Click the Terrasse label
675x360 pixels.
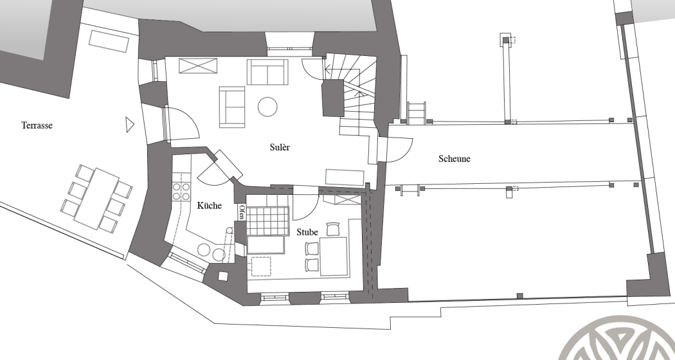pos(37,125)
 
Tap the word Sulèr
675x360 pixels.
pos(280,147)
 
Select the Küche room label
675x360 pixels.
pos(209,206)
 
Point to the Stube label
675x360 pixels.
pos(307,232)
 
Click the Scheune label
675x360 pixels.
pos(454,159)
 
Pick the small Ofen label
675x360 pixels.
pos(242,213)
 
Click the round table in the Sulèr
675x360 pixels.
pos(267,106)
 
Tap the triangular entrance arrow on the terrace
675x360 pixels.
pos(130,125)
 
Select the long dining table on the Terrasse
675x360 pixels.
pos(97,198)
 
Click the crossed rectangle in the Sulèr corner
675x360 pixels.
pos(198,66)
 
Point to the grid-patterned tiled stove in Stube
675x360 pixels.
pos(267,221)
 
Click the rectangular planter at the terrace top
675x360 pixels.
pos(109,41)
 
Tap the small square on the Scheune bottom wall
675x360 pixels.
pos(519,296)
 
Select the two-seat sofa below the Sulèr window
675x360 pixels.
pos(267,72)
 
